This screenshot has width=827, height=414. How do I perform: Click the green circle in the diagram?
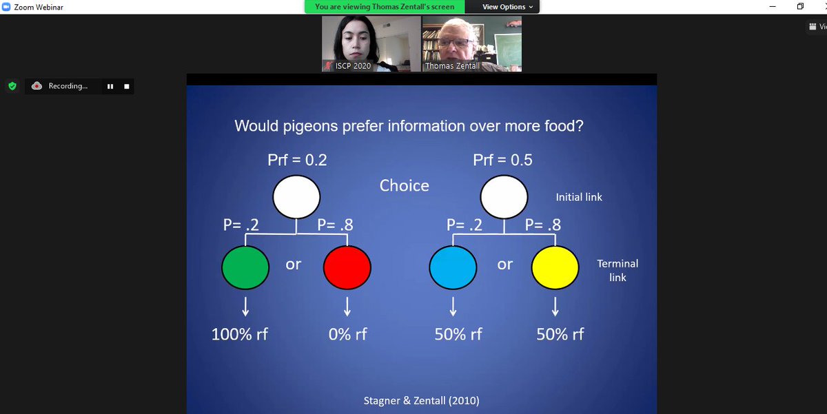[245, 268]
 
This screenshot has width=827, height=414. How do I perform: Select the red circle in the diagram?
[347, 268]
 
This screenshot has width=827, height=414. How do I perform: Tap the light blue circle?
[453, 268]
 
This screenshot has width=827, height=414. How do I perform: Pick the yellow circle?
[555, 268]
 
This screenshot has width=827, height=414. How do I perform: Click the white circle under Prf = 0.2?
[296, 196]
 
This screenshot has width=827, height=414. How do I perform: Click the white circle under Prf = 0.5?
[504, 196]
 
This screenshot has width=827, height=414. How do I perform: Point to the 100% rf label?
[239, 335]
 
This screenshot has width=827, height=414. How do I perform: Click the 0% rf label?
[347, 335]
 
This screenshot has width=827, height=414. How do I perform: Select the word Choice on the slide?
[404, 185]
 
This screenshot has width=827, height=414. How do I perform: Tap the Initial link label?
[579, 197]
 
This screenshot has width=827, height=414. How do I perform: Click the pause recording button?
[109, 87]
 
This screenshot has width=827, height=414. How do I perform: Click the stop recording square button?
[126, 87]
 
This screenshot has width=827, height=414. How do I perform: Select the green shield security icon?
[12, 86]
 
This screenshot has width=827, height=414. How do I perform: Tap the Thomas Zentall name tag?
[452, 66]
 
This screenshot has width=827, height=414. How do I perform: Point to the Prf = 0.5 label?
[502, 161]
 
